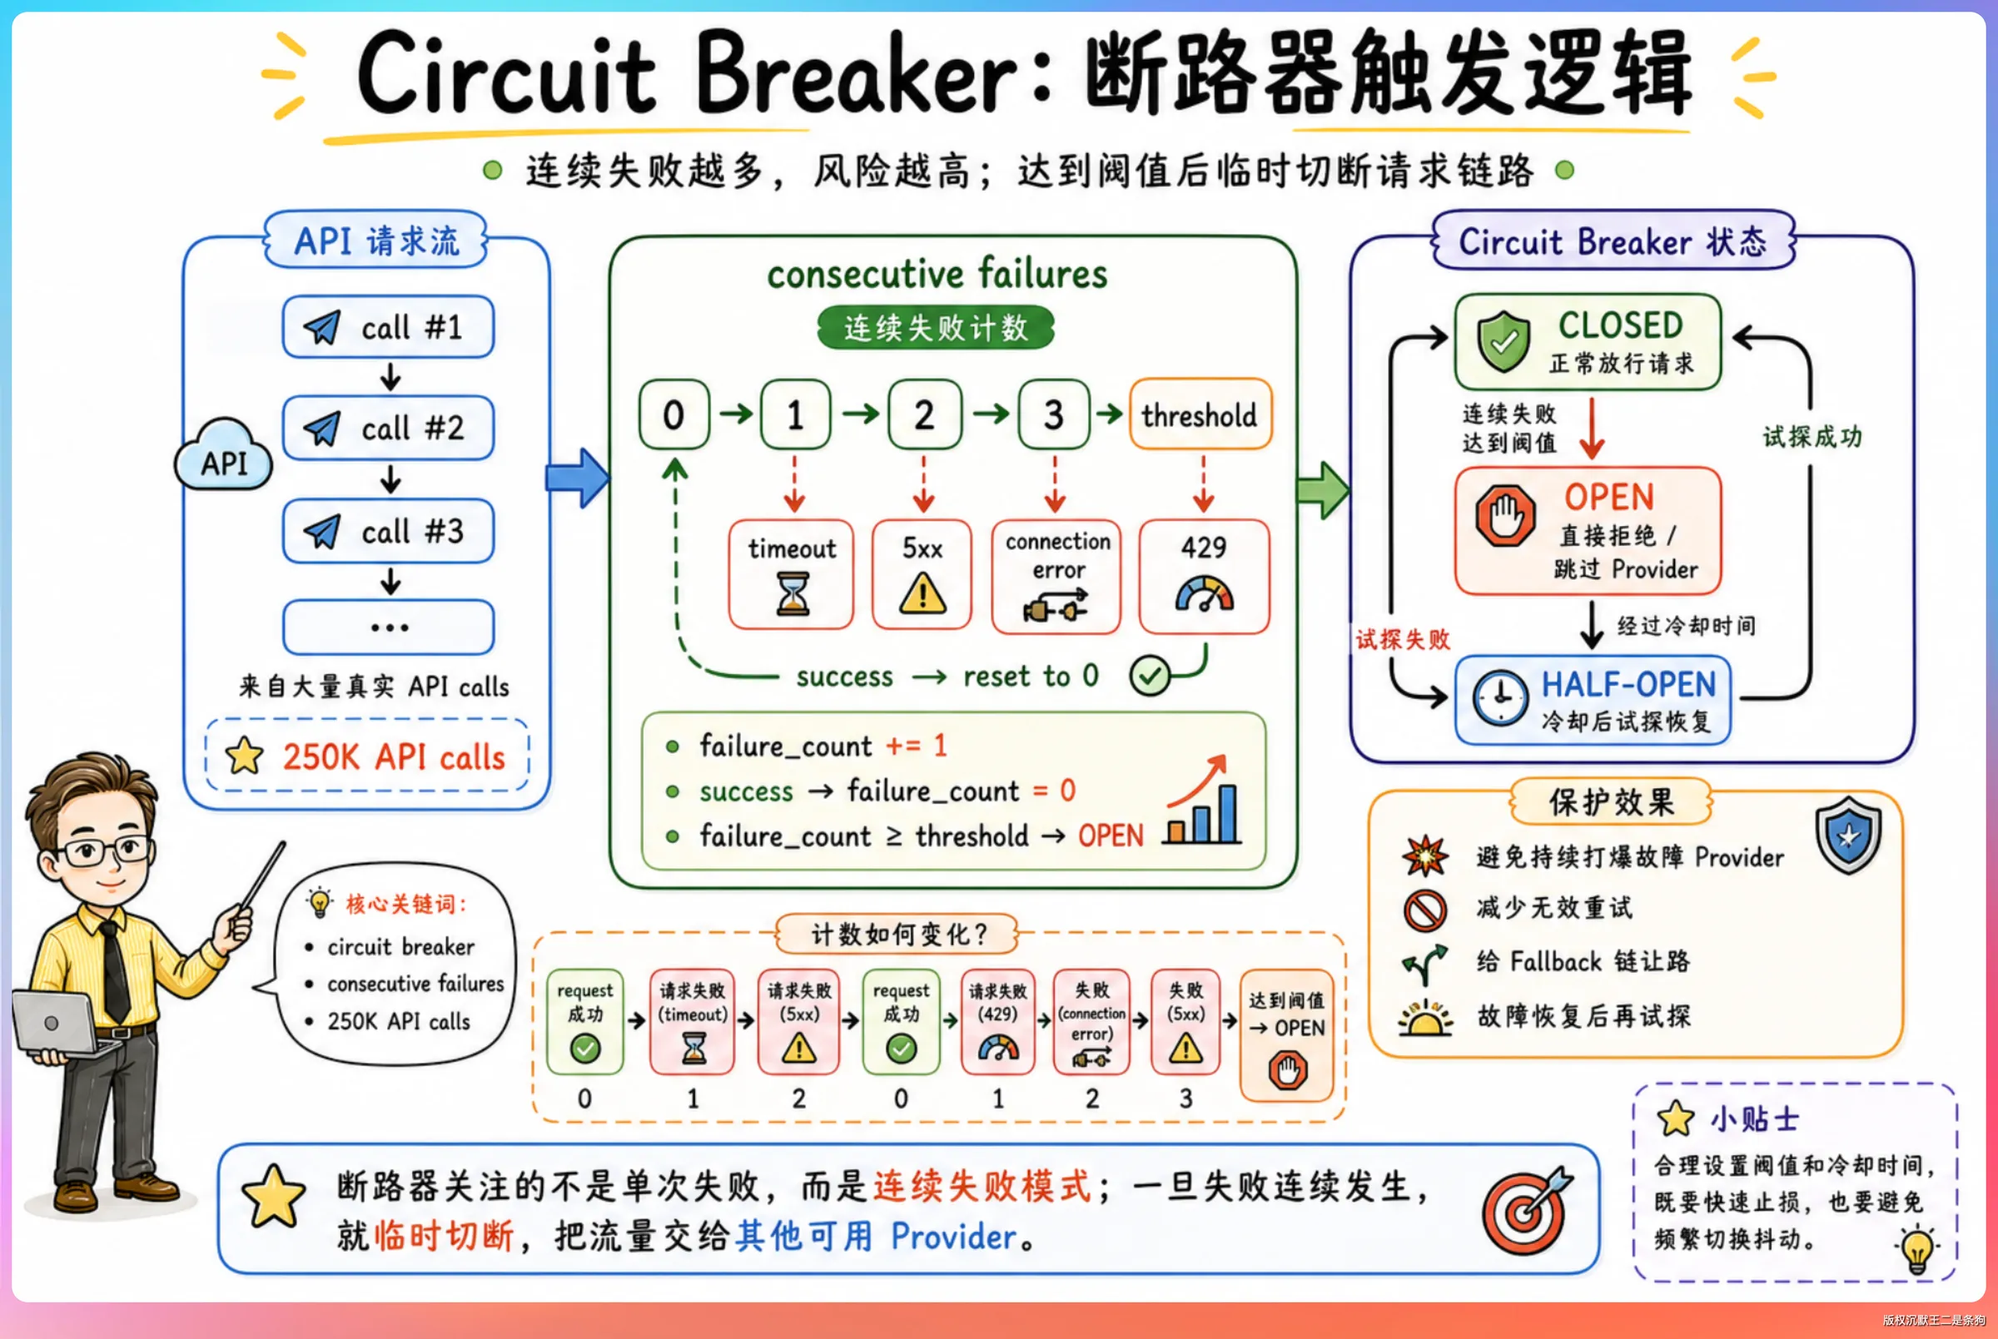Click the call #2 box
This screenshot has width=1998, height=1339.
(389, 428)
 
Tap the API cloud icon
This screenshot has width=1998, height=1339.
(224, 455)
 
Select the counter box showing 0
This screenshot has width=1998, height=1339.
(674, 414)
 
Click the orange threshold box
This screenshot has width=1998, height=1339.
(1200, 414)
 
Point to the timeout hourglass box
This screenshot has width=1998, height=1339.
(791, 574)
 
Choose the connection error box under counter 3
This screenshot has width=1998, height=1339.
(1056, 577)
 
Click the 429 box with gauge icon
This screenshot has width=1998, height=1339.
(1205, 577)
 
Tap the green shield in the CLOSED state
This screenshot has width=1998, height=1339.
(1503, 341)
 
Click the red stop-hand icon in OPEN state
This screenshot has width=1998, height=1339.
(1505, 516)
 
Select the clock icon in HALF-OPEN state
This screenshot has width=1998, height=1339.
(1500, 698)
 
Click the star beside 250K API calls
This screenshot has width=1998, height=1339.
(244, 756)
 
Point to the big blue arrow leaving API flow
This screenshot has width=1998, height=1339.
(578, 478)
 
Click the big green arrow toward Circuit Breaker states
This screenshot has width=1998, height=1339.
(1323, 490)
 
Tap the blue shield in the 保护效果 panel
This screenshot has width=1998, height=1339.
(1848, 836)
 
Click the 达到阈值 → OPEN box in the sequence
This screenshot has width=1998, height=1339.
(1286, 1035)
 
